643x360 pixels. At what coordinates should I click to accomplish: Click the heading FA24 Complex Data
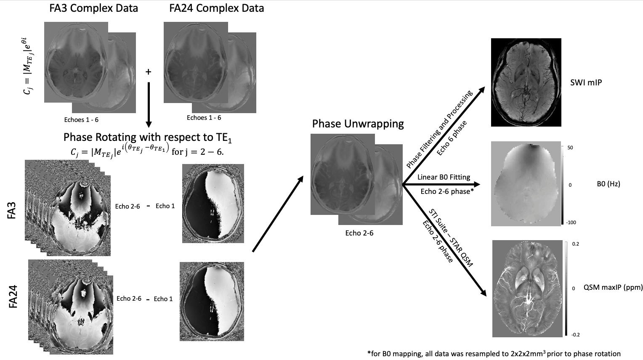click(x=217, y=8)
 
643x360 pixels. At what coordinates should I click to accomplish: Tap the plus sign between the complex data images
click(x=148, y=72)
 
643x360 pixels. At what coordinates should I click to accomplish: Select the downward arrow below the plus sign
click(x=148, y=105)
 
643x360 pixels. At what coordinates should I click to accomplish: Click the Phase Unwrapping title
click(x=358, y=124)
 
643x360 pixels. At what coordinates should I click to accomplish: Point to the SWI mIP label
click(x=586, y=82)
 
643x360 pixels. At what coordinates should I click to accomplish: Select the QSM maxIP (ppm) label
click(x=613, y=288)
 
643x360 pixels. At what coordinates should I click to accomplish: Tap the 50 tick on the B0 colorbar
click(x=570, y=148)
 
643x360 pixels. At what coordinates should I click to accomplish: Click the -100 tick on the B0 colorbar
click(x=571, y=222)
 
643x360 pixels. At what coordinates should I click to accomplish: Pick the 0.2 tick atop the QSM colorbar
click(x=575, y=244)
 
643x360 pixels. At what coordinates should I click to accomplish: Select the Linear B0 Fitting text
click(x=444, y=177)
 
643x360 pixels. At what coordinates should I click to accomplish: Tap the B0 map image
click(x=526, y=184)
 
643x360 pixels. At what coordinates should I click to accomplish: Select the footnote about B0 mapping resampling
click(x=494, y=354)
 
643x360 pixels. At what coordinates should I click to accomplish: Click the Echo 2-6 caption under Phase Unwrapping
click(x=359, y=233)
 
